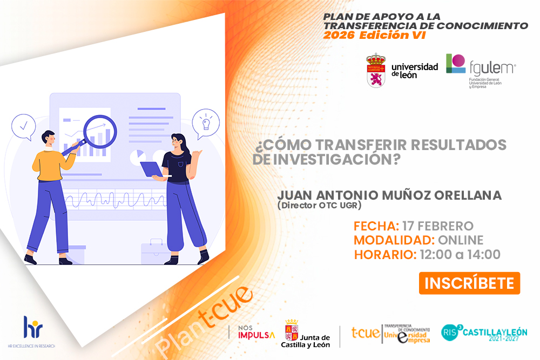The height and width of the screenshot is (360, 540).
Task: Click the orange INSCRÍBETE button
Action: (469, 283)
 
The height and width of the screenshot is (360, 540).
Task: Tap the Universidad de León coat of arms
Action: (376, 70)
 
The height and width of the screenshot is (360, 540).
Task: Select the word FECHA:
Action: (376, 226)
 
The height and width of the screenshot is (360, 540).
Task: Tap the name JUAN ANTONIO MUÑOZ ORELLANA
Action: (389, 195)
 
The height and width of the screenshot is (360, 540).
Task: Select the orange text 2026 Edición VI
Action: (374, 35)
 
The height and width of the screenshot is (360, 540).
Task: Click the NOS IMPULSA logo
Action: (256, 332)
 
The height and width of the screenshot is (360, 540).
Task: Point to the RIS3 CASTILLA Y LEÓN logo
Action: (484, 331)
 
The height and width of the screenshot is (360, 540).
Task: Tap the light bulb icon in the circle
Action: (205, 122)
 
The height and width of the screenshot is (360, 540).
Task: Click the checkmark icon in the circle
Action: (23, 127)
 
